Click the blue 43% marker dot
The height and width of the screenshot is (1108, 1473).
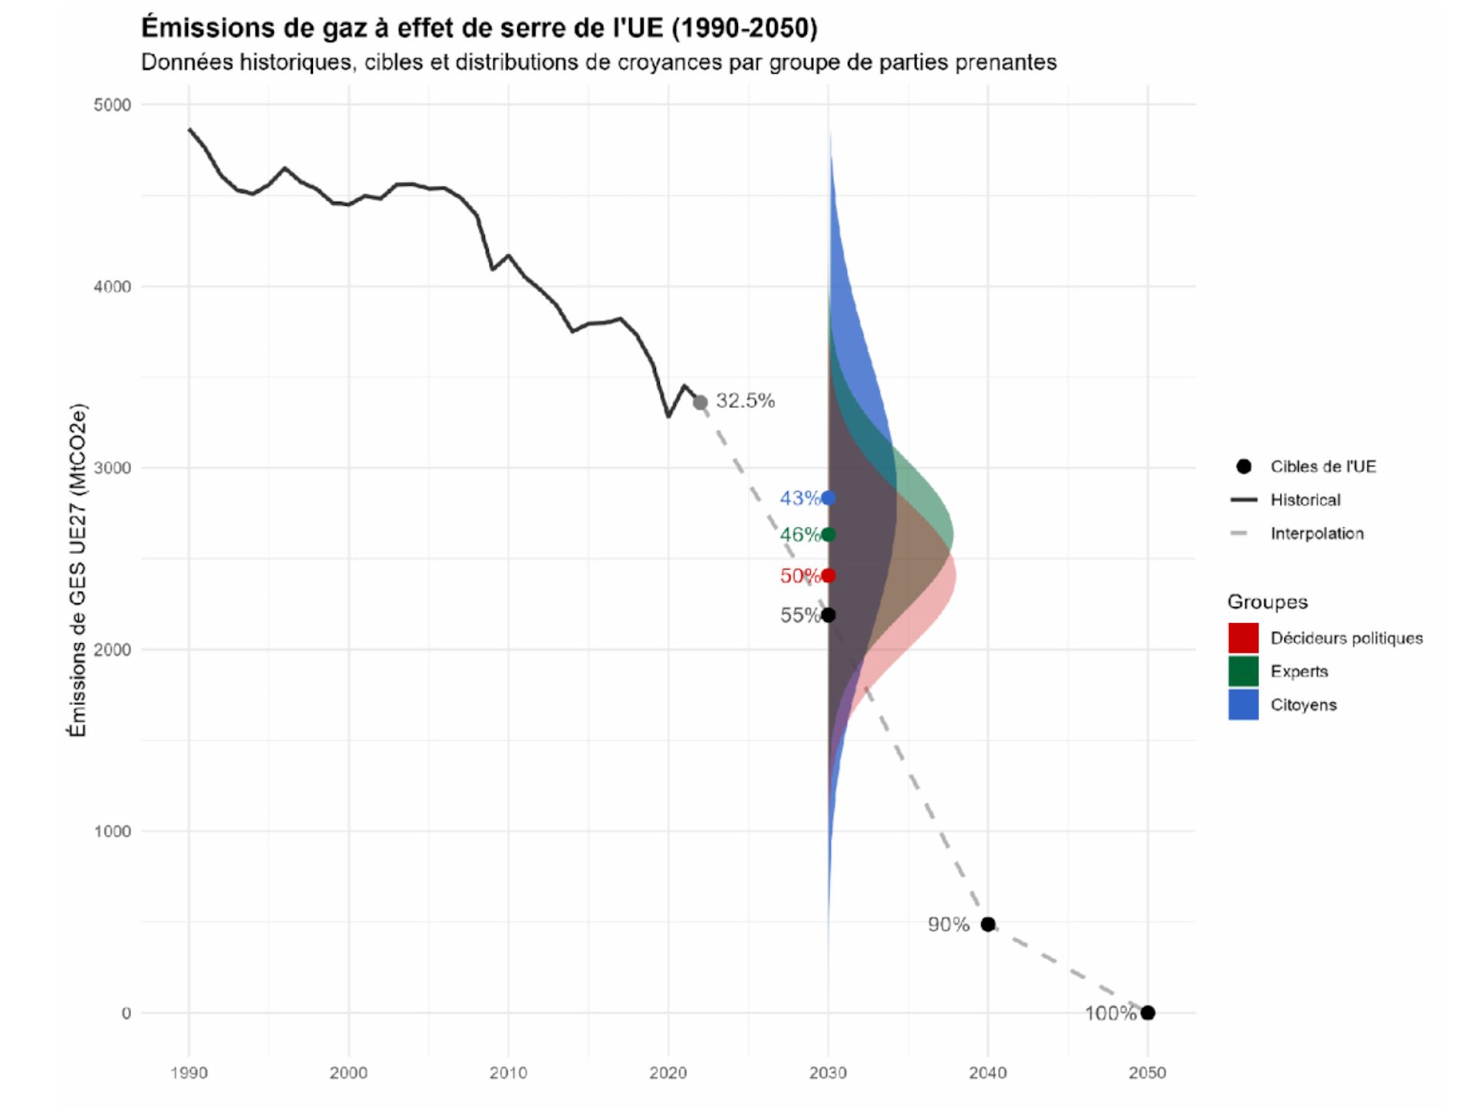click(828, 498)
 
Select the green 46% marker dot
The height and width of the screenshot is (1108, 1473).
click(828, 535)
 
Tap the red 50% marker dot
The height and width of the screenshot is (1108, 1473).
click(828, 575)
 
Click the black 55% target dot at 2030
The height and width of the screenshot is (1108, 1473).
click(828, 615)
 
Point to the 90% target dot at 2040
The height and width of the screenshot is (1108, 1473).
click(988, 925)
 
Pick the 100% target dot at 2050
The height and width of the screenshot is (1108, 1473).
click(1148, 1013)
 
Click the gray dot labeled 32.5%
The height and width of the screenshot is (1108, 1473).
click(700, 402)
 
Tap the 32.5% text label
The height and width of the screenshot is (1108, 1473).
click(745, 401)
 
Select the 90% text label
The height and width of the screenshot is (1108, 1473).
click(948, 925)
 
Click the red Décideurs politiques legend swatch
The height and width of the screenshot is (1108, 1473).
click(1244, 638)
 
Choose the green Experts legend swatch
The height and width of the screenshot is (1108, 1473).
click(1244, 671)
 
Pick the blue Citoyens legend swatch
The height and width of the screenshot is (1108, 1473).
click(1244, 704)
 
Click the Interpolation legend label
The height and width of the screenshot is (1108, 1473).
click(1316, 533)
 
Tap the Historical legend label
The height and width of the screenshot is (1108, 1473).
click(1305, 500)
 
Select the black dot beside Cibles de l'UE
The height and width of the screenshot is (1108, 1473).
click(1244, 467)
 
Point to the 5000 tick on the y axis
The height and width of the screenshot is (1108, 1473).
click(112, 105)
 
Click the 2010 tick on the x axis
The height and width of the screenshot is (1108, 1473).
click(508, 1073)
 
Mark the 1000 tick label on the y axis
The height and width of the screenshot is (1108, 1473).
click(112, 831)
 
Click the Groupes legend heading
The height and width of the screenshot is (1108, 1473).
click(1267, 602)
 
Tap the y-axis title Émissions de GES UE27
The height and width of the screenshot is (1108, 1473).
click(77, 570)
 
